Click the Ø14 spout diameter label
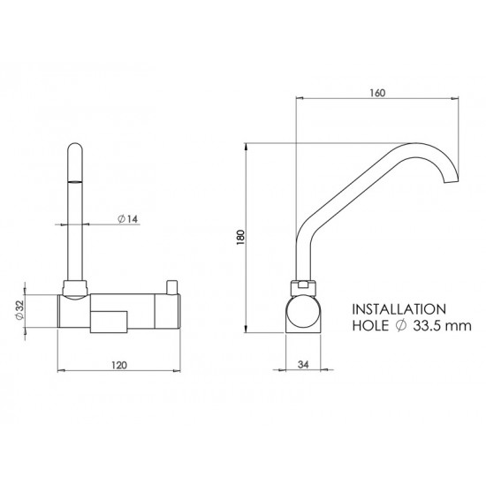click(126, 222)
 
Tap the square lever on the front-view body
click(110, 320)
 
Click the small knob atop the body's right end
click(169, 283)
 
